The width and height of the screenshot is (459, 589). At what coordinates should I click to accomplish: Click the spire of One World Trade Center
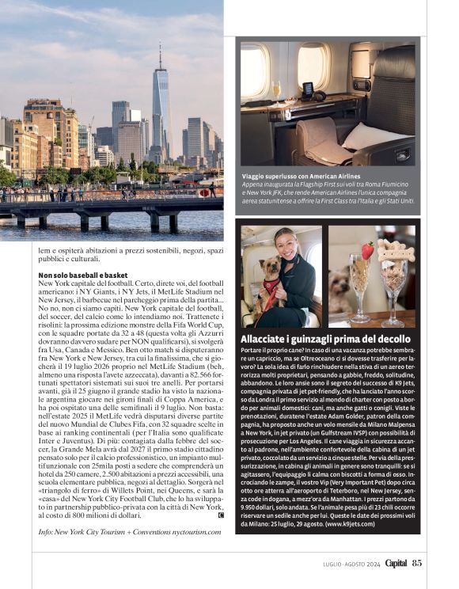159,55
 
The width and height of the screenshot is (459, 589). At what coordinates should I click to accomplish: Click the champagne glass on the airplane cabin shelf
275,89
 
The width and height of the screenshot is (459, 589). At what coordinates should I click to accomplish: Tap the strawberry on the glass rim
367,251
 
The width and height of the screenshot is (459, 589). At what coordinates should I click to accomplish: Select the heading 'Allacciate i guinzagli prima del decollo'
328,339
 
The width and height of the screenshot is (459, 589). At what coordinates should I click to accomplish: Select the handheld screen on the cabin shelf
307,89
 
